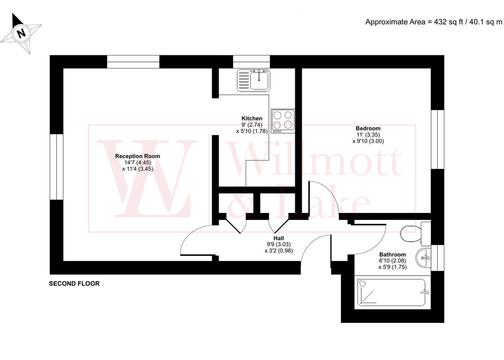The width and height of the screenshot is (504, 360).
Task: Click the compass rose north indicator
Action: coord(21,33)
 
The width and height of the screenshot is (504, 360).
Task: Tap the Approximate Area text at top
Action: coord(433,21)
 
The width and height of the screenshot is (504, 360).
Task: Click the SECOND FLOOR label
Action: coord(74,283)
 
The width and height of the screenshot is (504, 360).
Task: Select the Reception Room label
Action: coord(138,156)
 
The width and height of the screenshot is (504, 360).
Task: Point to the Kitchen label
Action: coord(252,118)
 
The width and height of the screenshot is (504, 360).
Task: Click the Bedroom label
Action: coord(368,128)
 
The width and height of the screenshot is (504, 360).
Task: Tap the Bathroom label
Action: coord(392,254)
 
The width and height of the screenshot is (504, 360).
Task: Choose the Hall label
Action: coord(279,237)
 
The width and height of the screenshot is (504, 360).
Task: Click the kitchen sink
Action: coord(253,79)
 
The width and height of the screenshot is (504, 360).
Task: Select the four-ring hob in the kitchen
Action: coord(283,121)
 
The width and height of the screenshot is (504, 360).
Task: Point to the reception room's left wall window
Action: coord(57,166)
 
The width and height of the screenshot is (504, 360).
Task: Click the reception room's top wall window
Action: coord(133,61)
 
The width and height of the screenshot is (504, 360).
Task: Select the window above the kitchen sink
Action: coord(251,61)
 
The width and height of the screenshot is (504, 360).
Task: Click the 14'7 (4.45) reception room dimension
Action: coord(138,162)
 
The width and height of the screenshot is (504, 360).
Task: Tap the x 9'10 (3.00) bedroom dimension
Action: coord(368,141)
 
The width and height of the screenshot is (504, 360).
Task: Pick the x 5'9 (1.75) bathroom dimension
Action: coord(392,267)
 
